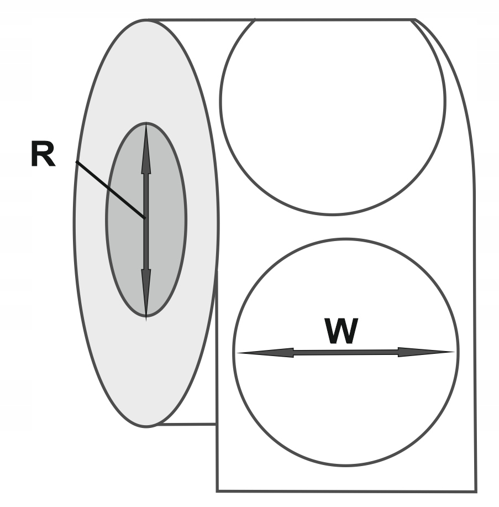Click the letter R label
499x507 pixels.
pyautogui.click(x=43, y=154)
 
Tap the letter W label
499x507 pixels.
pyautogui.click(x=342, y=331)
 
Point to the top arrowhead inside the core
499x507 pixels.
pyautogui.click(x=146, y=149)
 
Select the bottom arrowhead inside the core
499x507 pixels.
pyautogui.click(x=146, y=294)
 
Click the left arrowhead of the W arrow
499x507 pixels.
pyautogui.click(x=266, y=353)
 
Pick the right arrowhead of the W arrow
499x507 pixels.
pyautogui.click(x=426, y=352)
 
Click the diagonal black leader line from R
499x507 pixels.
pyautogui.click(x=110, y=190)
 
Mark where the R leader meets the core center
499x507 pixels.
pyautogui.click(x=145, y=218)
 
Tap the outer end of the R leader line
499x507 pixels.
pyautogui.click(x=76, y=161)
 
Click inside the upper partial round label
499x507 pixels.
pyautogui.click(x=333, y=113)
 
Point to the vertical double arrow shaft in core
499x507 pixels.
pyautogui.click(x=146, y=222)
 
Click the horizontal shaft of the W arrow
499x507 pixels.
pyautogui.click(x=346, y=352)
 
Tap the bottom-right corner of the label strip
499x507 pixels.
pyautogui.click(x=476, y=492)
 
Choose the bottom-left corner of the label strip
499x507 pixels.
pyautogui.click(x=217, y=491)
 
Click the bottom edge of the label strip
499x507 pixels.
pyautogui.click(x=346, y=492)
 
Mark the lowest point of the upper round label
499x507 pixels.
pyautogui.click(x=332, y=215)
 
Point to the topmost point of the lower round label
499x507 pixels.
pyautogui.click(x=345, y=239)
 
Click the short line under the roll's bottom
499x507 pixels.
pyautogui.click(x=187, y=424)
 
